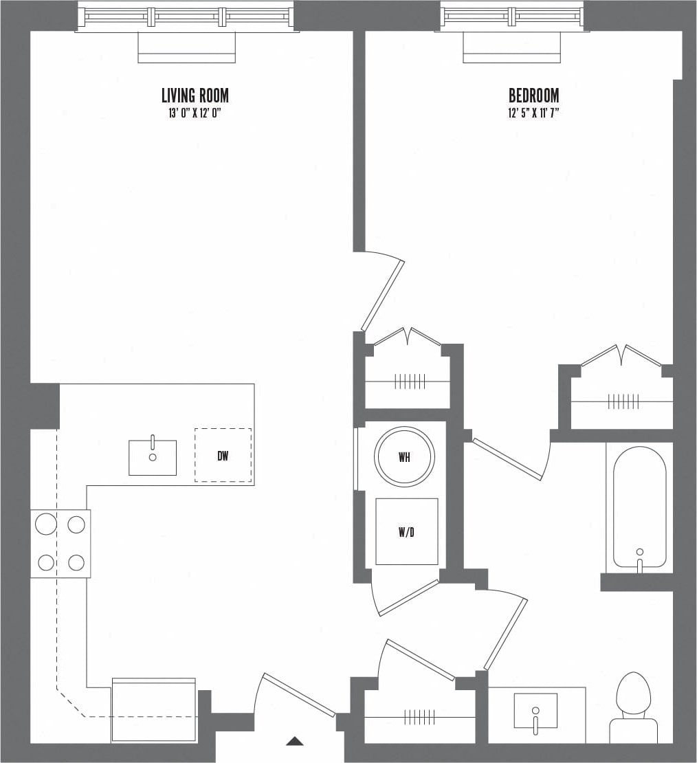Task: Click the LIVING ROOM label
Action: pyautogui.click(x=195, y=96)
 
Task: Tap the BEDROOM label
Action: pyautogui.click(x=533, y=96)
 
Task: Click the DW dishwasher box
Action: pyautogui.click(x=223, y=455)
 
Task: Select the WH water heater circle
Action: pyautogui.click(x=404, y=456)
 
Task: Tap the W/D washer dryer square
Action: pyautogui.click(x=406, y=531)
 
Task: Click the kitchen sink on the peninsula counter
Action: pyautogui.click(x=153, y=458)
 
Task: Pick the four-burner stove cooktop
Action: pyautogui.click(x=60, y=544)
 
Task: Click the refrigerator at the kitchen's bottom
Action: pyautogui.click(x=154, y=711)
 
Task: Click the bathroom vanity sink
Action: pyautogui.click(x=535, y=710)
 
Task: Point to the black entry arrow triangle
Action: pyautogui.click(x=295, y=741)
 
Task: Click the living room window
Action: pyautogui.click(x=186, y=16)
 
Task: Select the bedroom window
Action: pyautogui.click(x=512, y=16)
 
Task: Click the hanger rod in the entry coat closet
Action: pyautogui.click(x=419, y=718)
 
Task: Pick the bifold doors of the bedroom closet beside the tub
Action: pyautogui.click(x=621, y=355)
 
